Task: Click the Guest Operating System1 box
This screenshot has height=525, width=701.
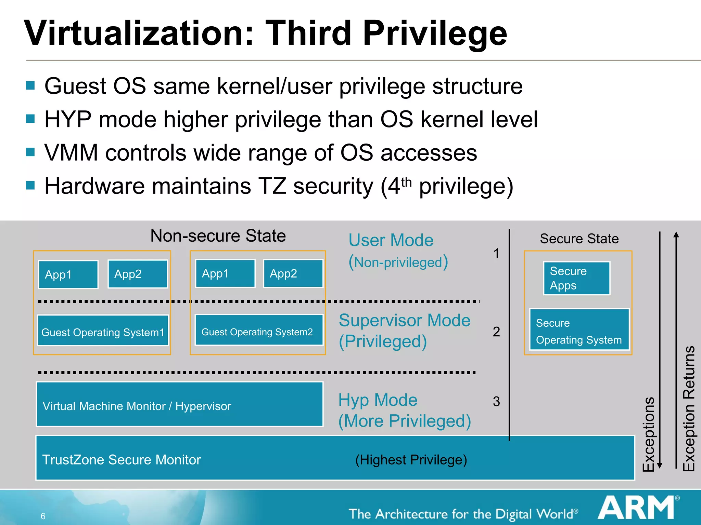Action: [103, 331]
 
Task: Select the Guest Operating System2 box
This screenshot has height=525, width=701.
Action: [259, 330]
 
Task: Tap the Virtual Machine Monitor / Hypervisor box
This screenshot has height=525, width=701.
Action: [179, 404]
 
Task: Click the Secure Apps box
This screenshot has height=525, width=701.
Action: [576, 278]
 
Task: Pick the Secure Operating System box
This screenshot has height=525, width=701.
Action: [579, 329]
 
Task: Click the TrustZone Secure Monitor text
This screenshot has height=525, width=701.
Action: [121, 460]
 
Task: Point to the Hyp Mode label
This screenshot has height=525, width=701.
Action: [378, 400]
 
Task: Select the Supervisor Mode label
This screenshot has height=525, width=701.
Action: [405, 321]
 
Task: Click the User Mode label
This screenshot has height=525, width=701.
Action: [391, 240]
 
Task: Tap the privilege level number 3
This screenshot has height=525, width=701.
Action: [496, 402]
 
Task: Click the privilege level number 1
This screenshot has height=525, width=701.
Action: [496, 254]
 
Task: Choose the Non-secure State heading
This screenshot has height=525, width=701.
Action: [218, 236]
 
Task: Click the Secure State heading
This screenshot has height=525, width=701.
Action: [579, 239]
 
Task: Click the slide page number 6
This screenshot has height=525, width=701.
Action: [43, 516]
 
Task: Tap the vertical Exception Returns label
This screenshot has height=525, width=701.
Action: [689, 408]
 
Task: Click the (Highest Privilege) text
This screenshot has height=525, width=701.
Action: [411, 460]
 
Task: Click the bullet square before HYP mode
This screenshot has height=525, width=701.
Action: [30, 119]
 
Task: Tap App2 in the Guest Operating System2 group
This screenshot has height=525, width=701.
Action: [293, 273]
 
